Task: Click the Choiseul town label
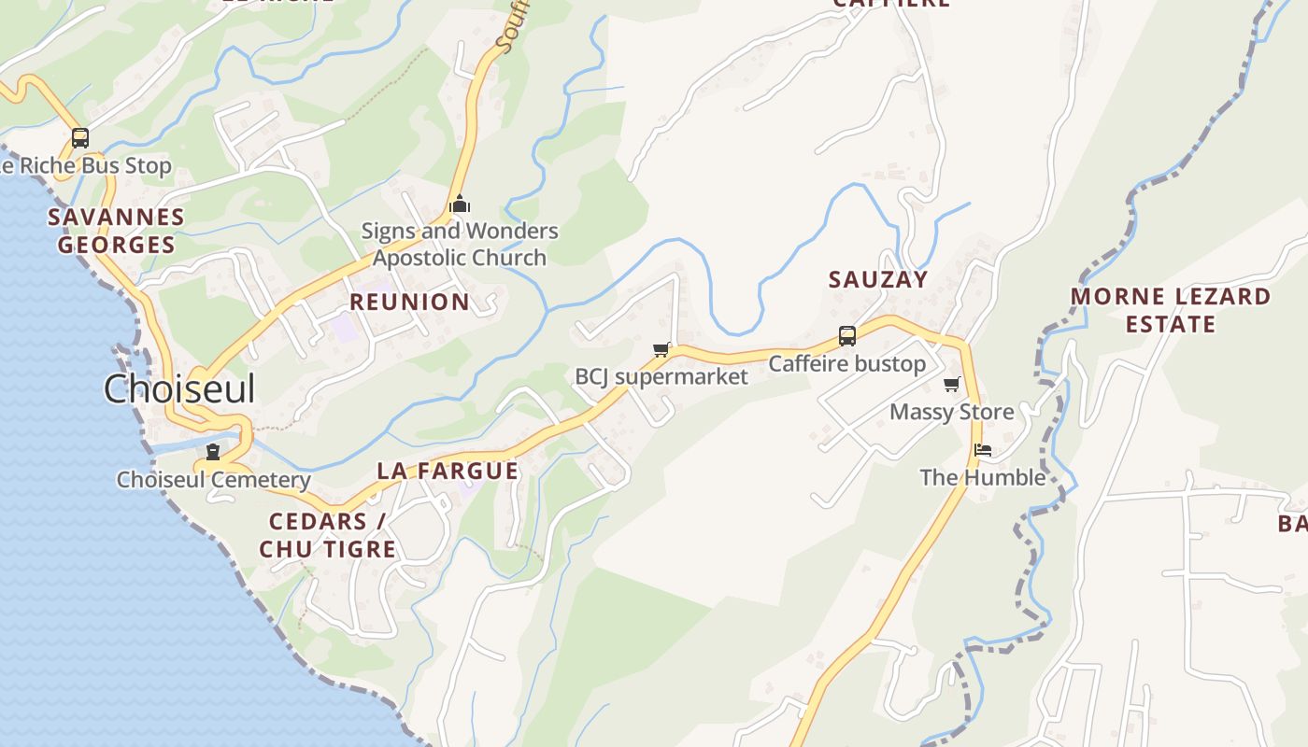coord(178,388)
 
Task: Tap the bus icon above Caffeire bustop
coord(846,336)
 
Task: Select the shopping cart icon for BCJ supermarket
coord(661,350)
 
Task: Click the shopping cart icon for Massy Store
coord(952,385)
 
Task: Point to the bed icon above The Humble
coord(982,450)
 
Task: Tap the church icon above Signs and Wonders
coord(460,204)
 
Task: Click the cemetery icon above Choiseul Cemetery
coord(213,453)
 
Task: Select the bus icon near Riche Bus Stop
coord(80,138)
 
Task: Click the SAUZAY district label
coord(878,279)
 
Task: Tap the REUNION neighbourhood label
coord(409,302)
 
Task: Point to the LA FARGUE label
coord(448,471)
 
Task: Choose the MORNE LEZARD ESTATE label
coord(1170,310)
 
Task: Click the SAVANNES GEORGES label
coord(116,231)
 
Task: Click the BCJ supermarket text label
coord(661,376)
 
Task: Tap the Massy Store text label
coord(951,412)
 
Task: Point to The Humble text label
coord(982,477)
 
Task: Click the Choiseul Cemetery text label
coord(213,480)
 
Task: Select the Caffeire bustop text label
coord(846,363)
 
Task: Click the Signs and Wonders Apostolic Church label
coord(460,244)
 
